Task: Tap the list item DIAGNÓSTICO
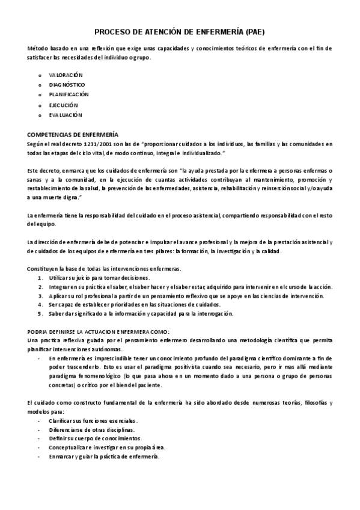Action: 67,85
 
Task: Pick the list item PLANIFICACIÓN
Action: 69,94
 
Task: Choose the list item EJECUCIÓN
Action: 64,105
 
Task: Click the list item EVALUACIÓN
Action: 66,114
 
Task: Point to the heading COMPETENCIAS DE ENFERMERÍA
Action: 73,134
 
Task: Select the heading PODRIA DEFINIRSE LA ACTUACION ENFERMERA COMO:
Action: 99,331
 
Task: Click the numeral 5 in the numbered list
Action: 40,313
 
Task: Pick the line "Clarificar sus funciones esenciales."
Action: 93,420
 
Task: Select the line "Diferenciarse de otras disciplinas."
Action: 92,429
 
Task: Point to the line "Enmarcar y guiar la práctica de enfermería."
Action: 105,456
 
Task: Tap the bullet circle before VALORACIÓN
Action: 40,75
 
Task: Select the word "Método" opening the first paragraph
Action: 38,48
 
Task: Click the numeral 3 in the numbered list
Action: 40,295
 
